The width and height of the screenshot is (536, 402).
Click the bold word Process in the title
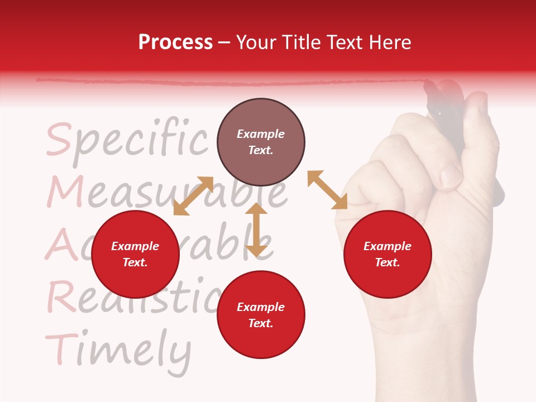pos(175,42)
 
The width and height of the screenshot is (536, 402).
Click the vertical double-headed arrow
pos(256,229)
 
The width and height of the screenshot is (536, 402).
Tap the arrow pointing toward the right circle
pos(328,190)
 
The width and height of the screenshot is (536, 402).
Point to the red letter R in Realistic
pos(61,296)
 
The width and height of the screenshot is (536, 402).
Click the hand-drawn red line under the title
pos(223,82)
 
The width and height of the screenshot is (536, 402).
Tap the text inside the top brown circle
pos(261,142)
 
